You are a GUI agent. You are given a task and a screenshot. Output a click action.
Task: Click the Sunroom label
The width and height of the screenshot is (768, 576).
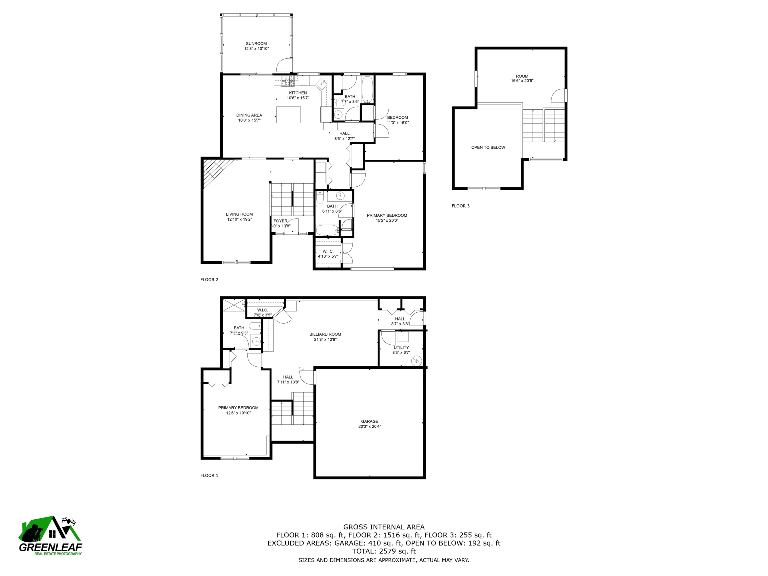(256, 44)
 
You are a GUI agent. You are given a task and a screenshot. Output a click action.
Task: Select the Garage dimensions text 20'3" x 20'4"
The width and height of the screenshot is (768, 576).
(369, 426)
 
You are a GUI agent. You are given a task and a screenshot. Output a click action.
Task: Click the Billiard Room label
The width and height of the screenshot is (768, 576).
(325, 334)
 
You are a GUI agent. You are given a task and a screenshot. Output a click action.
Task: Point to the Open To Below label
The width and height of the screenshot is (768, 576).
(488, 147)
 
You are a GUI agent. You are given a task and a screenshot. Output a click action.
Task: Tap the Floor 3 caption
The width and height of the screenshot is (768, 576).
(460, 206)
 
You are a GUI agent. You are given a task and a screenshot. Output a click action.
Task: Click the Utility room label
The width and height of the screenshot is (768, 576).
(401, 347)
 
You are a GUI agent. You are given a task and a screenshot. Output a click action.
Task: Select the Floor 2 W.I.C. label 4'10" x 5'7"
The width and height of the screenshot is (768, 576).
(328, 254)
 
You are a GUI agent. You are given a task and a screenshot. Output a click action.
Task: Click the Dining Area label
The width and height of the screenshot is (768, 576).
(249, 115)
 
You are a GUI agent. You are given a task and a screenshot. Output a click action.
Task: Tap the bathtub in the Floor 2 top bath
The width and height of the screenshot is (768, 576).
(367, 89)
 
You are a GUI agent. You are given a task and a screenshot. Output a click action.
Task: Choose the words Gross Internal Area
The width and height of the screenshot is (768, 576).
(384, 527)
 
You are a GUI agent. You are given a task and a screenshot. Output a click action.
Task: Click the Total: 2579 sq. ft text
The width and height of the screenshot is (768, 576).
(384, 551)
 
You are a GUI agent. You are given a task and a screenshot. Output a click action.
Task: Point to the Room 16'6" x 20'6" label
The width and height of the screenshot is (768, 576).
(522, 78)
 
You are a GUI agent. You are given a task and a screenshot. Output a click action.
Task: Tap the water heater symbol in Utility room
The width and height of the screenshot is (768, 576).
(416, 361)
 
